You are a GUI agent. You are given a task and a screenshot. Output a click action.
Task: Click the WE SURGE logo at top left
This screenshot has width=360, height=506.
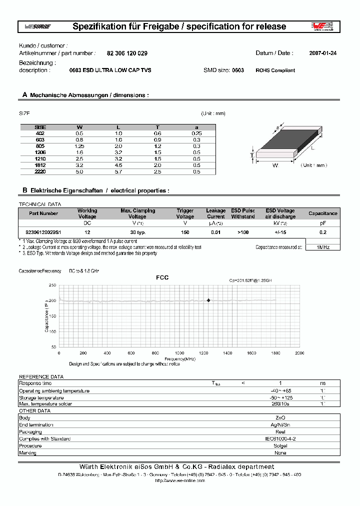point(37,26)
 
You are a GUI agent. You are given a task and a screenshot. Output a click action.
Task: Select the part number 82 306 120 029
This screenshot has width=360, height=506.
point(127,53)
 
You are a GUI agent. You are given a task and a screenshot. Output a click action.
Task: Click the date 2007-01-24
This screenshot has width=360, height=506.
point(323,53)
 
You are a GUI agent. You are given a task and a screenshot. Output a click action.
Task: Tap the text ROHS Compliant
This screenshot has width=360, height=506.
point(275,70)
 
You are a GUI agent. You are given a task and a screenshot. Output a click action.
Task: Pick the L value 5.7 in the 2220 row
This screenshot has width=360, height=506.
point(118,171)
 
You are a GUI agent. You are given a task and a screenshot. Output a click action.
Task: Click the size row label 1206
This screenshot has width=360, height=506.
point(40,152)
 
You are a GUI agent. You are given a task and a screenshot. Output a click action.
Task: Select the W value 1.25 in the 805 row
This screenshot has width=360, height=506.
point(79,146)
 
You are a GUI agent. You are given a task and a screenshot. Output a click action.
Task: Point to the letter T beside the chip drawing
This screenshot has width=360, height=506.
point(251,155)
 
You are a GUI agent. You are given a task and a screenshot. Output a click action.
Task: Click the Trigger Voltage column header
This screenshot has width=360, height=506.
point(185,213)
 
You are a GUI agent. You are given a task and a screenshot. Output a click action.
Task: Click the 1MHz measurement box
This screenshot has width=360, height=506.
point(322,247)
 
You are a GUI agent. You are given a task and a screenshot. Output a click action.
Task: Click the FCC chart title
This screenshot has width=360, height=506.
point(162,277)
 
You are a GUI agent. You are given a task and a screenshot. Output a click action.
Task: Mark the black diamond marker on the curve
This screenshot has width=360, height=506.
point(208,300)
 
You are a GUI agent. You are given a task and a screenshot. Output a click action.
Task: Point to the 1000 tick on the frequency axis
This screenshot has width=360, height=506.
point(179,353)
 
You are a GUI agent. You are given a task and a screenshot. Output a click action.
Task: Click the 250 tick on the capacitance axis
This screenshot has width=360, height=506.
point(52,285)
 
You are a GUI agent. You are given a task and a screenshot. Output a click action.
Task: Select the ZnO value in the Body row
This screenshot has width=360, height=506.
point(280,417)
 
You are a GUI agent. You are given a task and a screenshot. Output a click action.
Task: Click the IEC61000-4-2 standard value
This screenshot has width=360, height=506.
point(280,438)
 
